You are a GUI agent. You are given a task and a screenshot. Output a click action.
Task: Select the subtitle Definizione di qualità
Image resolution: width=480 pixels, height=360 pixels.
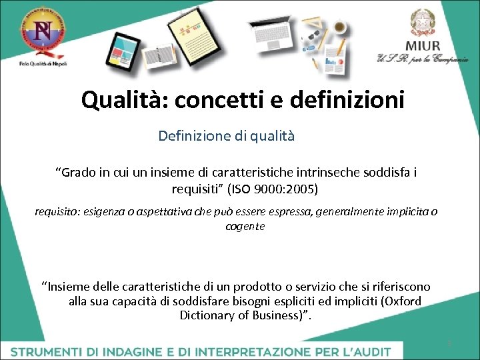226,136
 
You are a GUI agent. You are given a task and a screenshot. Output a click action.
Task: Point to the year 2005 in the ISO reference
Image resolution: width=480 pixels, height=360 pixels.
303,189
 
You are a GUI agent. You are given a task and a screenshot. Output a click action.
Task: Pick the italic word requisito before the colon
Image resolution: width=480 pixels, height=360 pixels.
56,212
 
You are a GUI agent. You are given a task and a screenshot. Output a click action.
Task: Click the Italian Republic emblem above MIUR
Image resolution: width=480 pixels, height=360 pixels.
421,22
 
